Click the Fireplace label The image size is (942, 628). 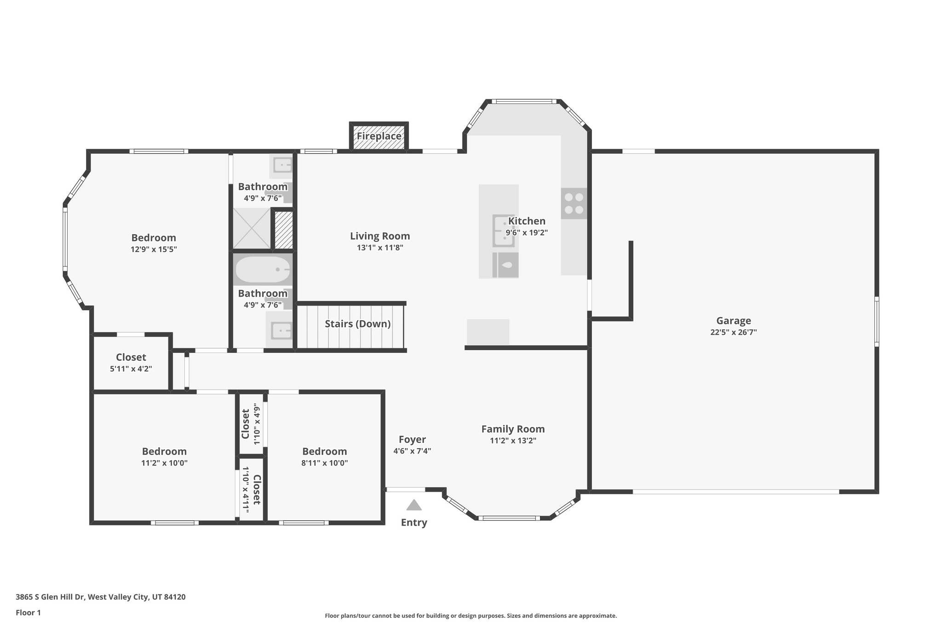pyautogui.click(x=379, y=136)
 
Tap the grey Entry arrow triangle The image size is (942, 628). pyautogui.click(x=414, y=505)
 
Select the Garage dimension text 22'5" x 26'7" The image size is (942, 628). pyautogui.click(x=733, y=332)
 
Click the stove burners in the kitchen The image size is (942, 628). pyautogui.click(x=574, y=203)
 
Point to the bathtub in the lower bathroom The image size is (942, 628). pyautogui.click(x=263, y=270)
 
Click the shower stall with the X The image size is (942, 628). pyautogui.click(x=252, y=228)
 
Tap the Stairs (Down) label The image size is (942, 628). pyautogui.click(x=357, y=324)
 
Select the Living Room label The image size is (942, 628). pyautogui.click(x=380, y=236)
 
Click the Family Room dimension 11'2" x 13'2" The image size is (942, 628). pyautogui.click(x=513, y=441)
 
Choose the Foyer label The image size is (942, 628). pyautogui.click(x=412, y=439)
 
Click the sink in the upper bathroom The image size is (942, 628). pyautogui.click(x=281, y=165)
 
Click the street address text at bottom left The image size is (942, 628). pyautogui.click(x=100, y=597)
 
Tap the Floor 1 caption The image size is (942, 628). pyautogui.click(x=28, y=612)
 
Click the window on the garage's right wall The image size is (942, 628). pyautogui.click(x=876, y=322)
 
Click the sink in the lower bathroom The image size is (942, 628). pyautogui.click(x=280, y=330)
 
